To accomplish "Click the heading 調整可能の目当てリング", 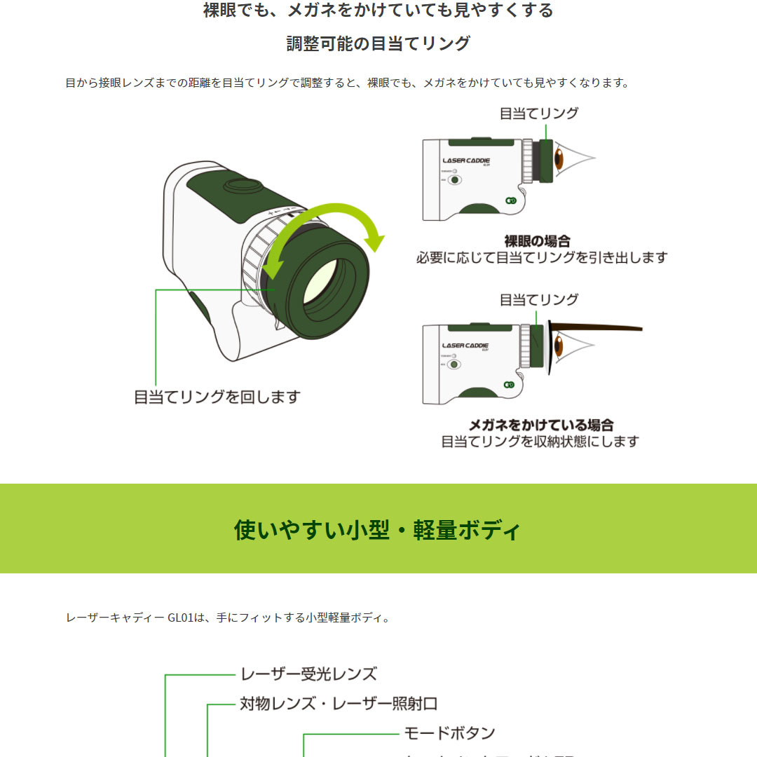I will click(378, 43).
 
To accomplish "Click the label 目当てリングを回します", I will click(217, 397).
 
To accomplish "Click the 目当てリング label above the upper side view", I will click(538, 113).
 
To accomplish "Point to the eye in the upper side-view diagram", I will click(560, 159).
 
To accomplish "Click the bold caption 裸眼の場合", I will click(538, 241).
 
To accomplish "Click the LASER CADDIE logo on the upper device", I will click(466, 161).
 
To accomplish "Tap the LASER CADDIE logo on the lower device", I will click(466, 345).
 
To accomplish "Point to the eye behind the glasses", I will click(560, 346).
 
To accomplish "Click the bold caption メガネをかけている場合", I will click(540, 425).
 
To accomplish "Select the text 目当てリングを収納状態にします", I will click(540, 442).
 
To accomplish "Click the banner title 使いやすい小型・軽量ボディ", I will click(378, 529).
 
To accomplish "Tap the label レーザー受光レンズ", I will click(308, 674).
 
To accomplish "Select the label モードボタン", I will click(449, 733).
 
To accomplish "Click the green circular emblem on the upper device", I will click(511, 200).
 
